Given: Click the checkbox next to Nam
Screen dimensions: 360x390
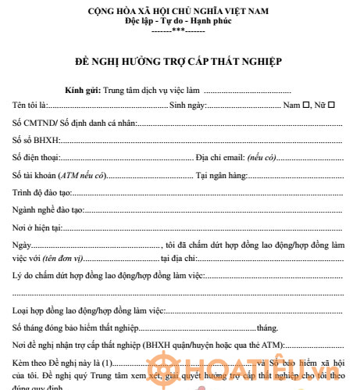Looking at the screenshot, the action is pyautogui.click(x=306, y=105).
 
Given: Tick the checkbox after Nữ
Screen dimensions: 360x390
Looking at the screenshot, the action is pyautogui.click(x=332, y=105).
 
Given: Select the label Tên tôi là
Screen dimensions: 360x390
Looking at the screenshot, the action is pyautogui.click(x=30, y=105).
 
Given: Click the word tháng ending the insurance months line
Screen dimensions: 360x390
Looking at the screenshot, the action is pyautogui.click(x=266, y=327).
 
